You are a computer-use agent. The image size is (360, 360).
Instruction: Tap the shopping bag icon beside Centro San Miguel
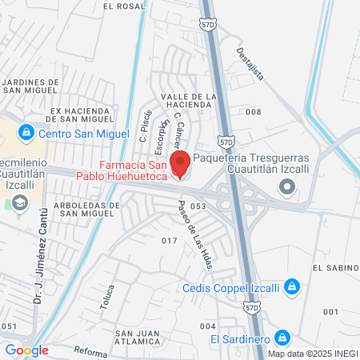click(x=26, y=132)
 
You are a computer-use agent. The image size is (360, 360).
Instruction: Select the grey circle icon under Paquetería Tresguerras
click(x=287, y=186)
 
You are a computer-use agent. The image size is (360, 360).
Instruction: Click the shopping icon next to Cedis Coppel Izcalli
click(x=293, y=286)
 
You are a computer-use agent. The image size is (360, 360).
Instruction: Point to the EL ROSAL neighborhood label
click(x=124, y=6)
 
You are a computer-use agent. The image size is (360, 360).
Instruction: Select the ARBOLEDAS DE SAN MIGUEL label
click(x=78, y=210)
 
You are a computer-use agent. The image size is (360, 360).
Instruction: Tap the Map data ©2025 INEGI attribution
click(x=313, y=354)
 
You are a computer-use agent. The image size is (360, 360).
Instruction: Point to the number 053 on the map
click(x=199, y=206)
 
